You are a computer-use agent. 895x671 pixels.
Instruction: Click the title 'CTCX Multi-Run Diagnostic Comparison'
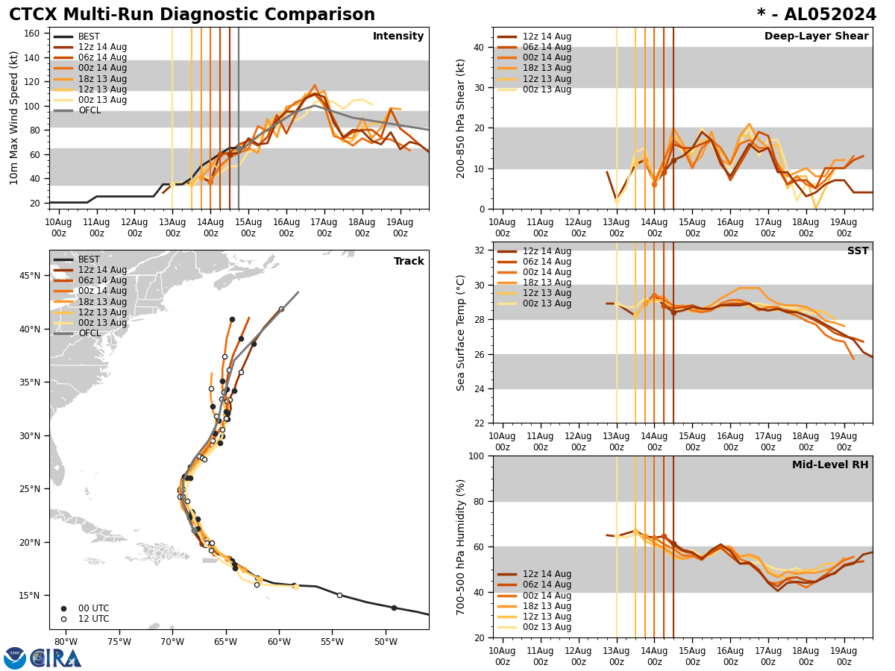pyautogui.click(x=192, y=15)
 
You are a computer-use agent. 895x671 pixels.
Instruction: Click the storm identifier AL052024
pyautogui.click(x=817, y=15)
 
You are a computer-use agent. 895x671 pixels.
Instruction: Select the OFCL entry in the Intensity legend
pyautogui.click(x=89, y=110)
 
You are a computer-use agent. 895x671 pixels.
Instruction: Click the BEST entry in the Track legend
pyautogui.click(x=89, y=259)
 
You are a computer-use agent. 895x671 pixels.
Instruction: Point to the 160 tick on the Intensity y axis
pyautogui.click(x=34, y=34)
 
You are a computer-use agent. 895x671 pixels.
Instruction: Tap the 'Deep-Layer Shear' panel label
pyautogui.click(x=816, y=37)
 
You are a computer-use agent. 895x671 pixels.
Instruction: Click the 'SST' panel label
pyautogui.click(x=857, y=251)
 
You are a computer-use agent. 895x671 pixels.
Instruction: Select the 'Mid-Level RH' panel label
pyautogui.click(x=830, y=465)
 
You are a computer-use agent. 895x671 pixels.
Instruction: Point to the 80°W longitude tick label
pyautogui.click(x=66, y=643)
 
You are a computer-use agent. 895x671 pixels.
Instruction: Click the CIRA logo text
pyautogui.click(x=55, y=658)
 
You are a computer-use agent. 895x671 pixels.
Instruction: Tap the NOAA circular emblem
pyautogui.click(x=15, y=658)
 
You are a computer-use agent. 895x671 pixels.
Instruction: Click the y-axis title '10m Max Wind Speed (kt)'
pyautogui.click(x=14, y=118)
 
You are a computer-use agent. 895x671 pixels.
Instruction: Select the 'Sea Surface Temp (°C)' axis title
pyautogui.click(x=461, y=333)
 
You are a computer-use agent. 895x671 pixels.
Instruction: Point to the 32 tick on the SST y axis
pyautogui.click(x=480, y=251)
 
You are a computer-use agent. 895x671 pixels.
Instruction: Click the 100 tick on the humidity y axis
pyautogui.click(x=477, y=456)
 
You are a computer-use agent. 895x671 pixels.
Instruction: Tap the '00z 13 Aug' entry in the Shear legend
pyautogui.click(x=547, y=89)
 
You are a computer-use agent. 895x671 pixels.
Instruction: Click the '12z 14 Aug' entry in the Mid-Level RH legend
pyautogui.click(x=547, y=574)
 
